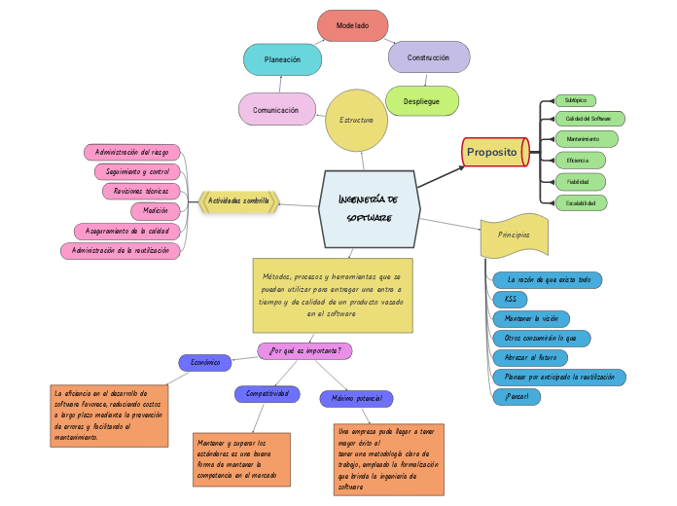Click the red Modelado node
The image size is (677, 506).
point(352,25)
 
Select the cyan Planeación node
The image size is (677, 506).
point(282,59)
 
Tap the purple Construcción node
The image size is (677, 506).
point(428,57)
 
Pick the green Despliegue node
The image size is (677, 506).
point(422,101)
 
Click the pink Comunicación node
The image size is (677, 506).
point(276,110)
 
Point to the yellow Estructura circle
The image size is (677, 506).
point(356,120)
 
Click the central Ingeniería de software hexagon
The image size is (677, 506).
point(369,208)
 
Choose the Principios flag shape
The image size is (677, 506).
point(515,235)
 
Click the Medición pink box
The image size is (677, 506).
point(156,210)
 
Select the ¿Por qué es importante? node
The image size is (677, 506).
point(304,350)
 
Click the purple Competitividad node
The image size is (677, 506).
point(267,394)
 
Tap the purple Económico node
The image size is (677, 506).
point(205,362)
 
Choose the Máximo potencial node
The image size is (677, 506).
point(356,399)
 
